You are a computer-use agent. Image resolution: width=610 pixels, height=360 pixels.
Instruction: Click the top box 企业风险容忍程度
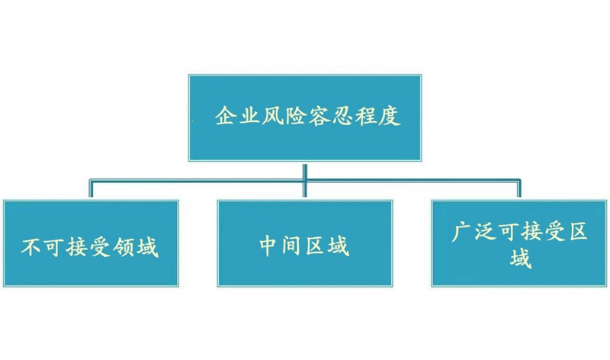[305, 117]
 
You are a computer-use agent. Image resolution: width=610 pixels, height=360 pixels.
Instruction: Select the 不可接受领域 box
[91, 243]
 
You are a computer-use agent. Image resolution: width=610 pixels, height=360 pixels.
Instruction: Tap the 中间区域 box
[305, 243]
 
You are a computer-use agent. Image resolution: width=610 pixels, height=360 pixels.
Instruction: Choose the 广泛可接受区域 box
[519, 243]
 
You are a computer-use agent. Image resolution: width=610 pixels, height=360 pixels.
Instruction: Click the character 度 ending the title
[390, 116]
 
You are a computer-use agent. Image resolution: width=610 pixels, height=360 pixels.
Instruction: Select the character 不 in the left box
[32, 247]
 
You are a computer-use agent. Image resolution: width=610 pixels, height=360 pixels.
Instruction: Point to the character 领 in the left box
[124, 247]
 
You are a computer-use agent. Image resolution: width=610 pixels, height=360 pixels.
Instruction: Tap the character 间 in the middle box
[293, 246]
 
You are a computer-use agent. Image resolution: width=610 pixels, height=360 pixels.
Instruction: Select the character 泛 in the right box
[486, 233]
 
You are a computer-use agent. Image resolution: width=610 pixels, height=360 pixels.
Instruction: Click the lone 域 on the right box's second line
[521, 259]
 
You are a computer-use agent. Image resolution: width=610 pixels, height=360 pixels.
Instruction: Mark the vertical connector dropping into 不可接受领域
[91, 188]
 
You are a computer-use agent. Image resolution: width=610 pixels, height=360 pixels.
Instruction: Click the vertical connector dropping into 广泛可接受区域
[519, 188]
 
